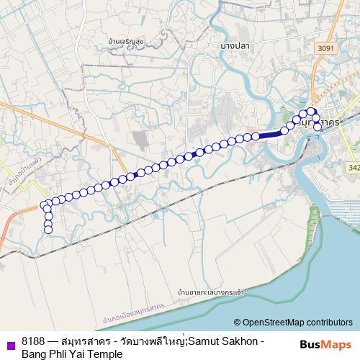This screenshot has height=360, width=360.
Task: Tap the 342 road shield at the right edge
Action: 354,167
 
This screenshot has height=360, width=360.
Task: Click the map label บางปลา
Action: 235,44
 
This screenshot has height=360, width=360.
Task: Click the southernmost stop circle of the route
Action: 48,230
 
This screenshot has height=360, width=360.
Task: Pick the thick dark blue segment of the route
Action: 269,135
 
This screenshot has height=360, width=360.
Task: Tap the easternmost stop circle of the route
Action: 318,127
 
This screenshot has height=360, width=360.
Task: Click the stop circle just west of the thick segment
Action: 255,136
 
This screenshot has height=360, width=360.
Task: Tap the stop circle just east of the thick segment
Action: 282,131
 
